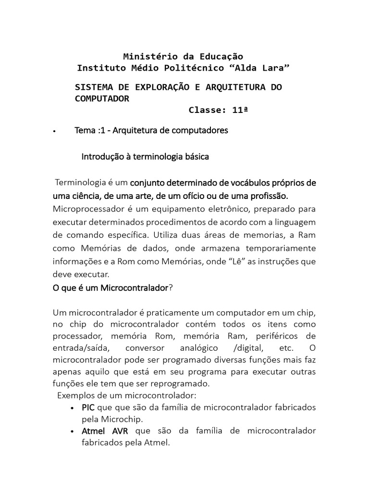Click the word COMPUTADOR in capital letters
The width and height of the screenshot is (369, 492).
pyautogui.click(x=102, y=98)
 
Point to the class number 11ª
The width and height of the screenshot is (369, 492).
pyautogui.click(x=240, y=110)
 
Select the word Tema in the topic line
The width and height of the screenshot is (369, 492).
pyautogui.click(x=85, y=130)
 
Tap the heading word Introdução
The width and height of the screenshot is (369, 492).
pyautogui.click(x=102, y=157)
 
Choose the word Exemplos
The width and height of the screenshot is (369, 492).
pyautogui.click(x=75, y=395)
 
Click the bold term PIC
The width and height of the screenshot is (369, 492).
pyautogui.click(x=88, y=407)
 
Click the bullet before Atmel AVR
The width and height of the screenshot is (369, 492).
pyautogui.click(x=72, y=431)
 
